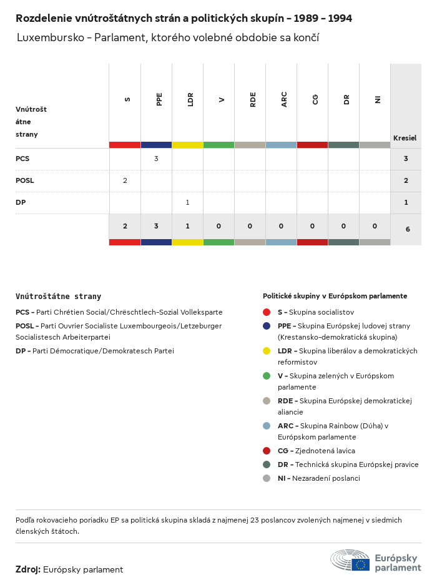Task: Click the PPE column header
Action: click(x=159, y=99)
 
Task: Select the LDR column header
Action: click(x=190, y=99)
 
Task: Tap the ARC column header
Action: click(x=284, y=99)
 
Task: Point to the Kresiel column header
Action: click(x=405, y=138)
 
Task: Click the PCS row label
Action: click(x=22, y=159)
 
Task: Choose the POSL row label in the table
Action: click(x=25, y=180)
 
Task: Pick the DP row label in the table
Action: click(x=21, y=202)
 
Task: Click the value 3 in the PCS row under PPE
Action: click(x=156, y=159)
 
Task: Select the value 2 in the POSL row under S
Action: click(x=125, y=180)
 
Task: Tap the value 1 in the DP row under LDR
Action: click(x=187, y=202)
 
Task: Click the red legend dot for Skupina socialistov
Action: click(x=267, y=312)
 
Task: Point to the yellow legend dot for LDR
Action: click(x=267, y=351)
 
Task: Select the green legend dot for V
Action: click(x=267, y=376)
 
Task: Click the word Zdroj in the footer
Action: click(x=28, y=569)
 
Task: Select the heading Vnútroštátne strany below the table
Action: click(x=58, y=297)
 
